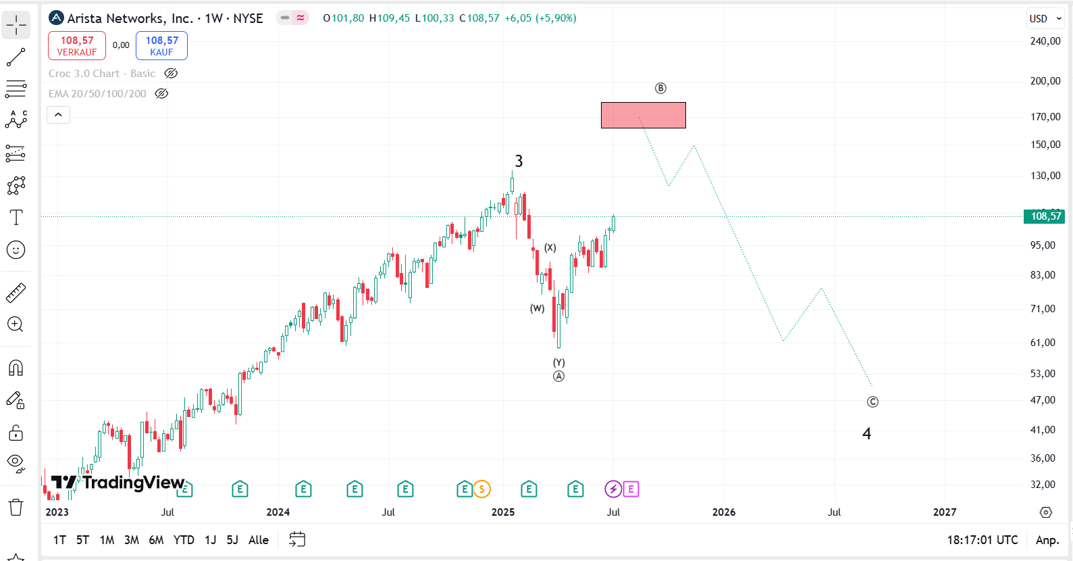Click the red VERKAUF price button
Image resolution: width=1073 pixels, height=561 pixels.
pyautogui.click(x=77, y=46)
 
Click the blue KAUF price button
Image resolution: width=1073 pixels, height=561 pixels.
pyautogui.click(x=161, y=46)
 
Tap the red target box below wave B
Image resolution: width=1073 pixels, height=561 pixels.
pyautogui.click(x=643, y=115)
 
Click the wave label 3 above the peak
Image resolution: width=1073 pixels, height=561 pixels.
pyautogui.click(x=519, y=161)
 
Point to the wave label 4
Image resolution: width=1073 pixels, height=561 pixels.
pyautogui.click(x=866, y=434)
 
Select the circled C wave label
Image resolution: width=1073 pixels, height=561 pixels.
pyautogui.click(x=872, y=402)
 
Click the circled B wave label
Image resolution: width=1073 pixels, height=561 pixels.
pyautogui.click(x=660, y=89)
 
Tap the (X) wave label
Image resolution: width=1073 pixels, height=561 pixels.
pyautogui.click(x=550, y=247)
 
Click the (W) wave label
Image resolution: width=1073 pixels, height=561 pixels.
pyautogui.click(x=537, y=308)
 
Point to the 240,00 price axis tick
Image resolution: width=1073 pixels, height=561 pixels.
pyautogui.click(x=1045, y=41)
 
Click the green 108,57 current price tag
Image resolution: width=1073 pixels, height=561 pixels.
pyautogui.click(x=1045, y=216)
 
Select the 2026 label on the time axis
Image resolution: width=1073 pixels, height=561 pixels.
pyautogui.click(x=724, y=512)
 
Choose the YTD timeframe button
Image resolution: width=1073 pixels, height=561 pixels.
pyautogui.click(x=184, y=540)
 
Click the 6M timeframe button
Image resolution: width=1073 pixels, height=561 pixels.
pyautogui.click(x=156, y=540)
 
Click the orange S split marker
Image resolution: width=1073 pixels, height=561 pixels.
pyautogui.click(x=481, y=489)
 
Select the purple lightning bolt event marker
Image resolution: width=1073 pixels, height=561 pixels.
pyautogui.click(x=612, y=489)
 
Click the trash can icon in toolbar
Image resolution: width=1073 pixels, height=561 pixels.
pyautogui.click(x=16, y=507)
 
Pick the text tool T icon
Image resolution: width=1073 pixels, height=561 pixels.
pyautogui.click(x=16, y=218)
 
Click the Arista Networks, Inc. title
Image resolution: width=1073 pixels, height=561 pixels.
pyautogui.click(x=130, y=18)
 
